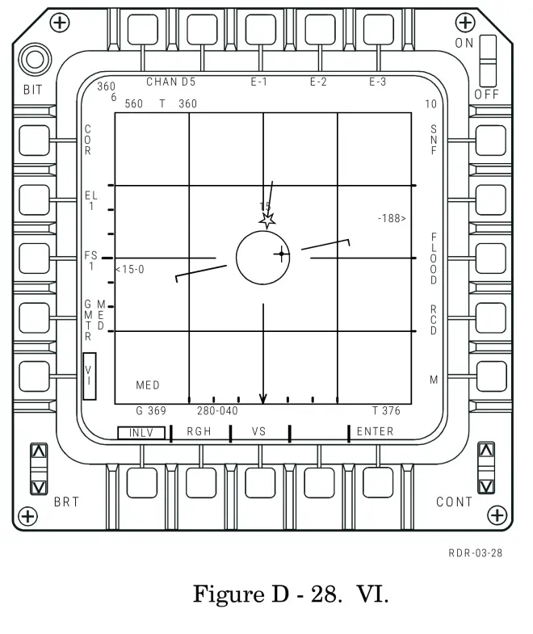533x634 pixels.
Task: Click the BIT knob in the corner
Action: click(34, 60)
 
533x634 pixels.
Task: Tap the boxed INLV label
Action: click(141, 433)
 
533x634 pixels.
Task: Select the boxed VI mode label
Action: click(89, 376)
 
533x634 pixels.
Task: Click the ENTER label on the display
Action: click(375, 431)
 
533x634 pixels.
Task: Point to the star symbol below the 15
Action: click(267, 219)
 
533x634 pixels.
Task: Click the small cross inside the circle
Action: click(281, 254)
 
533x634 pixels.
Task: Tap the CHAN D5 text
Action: click(170, 82)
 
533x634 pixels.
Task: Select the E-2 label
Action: click(318, 82)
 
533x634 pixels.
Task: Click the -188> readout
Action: click(392, 218)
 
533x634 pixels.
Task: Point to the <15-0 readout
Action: click(129, 269)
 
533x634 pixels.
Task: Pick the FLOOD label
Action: click(434, 258)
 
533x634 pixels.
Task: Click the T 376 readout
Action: click(386, 411)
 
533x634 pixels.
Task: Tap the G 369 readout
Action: click(151, 411)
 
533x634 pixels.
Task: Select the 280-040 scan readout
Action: click(217, 411)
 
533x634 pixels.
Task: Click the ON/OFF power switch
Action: click(487, 61)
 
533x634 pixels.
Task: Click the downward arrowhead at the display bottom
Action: click(262, 398)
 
